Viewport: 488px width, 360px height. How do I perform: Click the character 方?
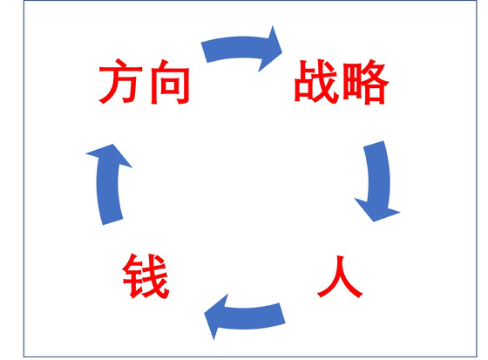tap(121, 81)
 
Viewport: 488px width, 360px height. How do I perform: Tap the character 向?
tap(170, 82)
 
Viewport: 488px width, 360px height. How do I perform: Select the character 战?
tap(315, 82)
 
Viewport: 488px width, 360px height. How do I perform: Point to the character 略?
tap(365, 82)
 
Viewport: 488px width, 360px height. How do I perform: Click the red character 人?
tap(339, 277)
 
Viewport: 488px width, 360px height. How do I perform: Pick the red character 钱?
tap(146, 276)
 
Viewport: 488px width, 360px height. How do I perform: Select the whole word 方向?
tap(144, 81)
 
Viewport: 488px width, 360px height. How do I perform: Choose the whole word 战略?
tap(342, 82)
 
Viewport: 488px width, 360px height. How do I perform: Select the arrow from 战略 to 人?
tap(379, 180)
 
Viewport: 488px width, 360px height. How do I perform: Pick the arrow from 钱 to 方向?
tap(108, 184)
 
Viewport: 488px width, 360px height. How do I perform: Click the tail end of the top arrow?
tap(204, 52)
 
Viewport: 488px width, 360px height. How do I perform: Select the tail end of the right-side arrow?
tap(374, 144)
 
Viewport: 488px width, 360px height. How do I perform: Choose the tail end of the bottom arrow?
tap(282, 314)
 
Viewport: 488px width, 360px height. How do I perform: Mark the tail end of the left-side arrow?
tap(112, 221)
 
